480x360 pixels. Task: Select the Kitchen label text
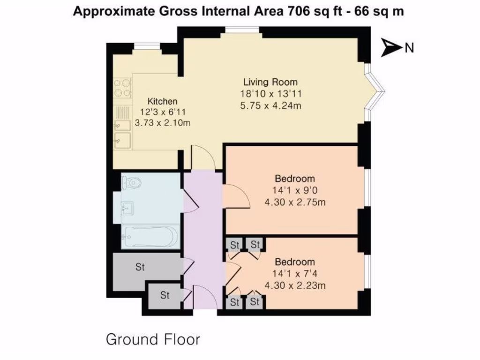point(163,101)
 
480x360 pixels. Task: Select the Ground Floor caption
point(153,339)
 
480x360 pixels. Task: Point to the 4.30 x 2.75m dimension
point(295,202)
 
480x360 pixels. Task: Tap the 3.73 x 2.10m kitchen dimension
point(163,123)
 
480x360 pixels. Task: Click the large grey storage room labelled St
point(140,267)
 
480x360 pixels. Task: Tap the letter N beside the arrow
point(409,47)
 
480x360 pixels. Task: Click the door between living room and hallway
point(202,158)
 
